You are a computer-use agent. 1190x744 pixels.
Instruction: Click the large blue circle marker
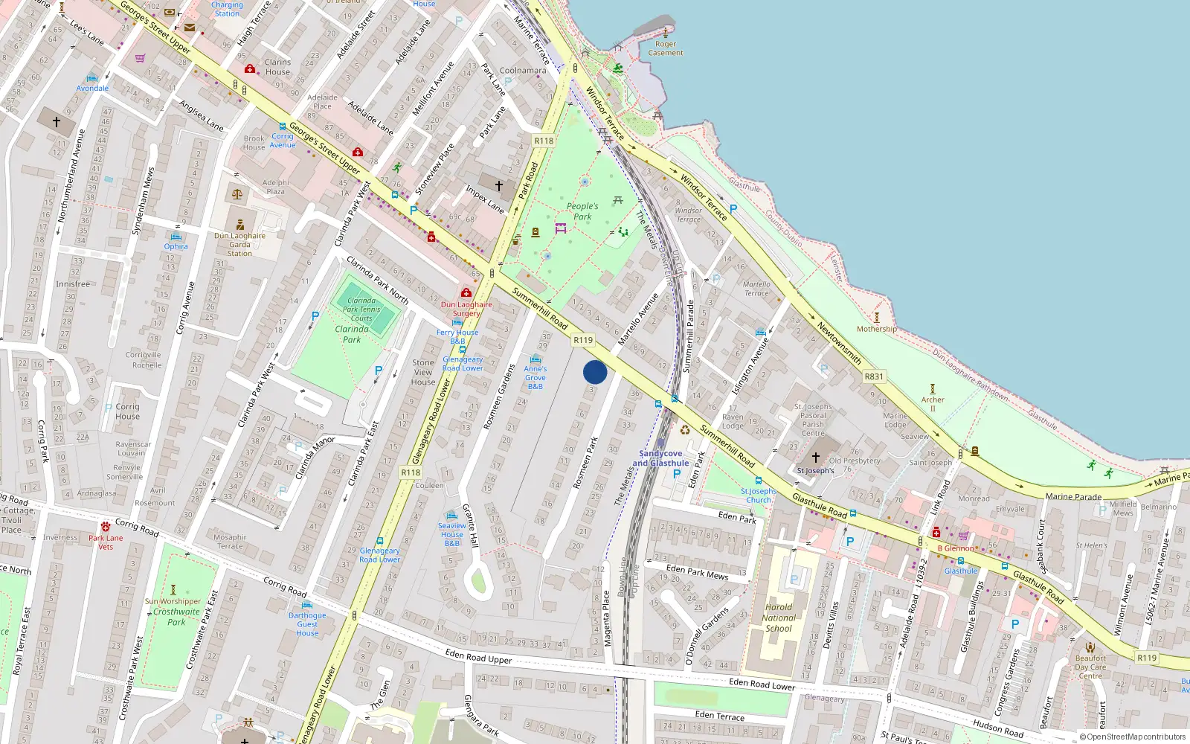point(595,372)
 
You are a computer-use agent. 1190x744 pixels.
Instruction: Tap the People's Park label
point(582,211)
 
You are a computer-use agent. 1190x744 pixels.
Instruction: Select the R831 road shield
point(874,376)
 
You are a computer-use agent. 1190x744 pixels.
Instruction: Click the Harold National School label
point(779,618)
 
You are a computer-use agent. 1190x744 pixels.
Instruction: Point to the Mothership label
point(877,329)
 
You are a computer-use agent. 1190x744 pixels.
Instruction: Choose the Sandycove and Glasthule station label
point(660,458)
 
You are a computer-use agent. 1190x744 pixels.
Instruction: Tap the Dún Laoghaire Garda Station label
point(239,244)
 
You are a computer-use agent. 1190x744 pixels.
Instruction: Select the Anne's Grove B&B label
point(535,377)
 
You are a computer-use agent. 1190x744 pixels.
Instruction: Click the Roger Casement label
point(666,48)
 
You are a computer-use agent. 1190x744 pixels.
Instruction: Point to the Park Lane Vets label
point(106,542)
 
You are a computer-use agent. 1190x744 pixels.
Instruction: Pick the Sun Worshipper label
point(173,601)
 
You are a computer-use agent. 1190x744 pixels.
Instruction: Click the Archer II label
point(933,403)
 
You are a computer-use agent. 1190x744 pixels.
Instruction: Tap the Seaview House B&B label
point(451,534)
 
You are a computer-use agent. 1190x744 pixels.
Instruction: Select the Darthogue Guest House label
point(307,623)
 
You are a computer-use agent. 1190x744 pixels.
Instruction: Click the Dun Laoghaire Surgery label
point(466,308)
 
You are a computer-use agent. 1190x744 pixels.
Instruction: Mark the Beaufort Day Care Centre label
point(1090,667)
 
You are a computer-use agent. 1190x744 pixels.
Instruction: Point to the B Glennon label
point(955,548)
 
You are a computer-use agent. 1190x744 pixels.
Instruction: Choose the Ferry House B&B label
point(457,336)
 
